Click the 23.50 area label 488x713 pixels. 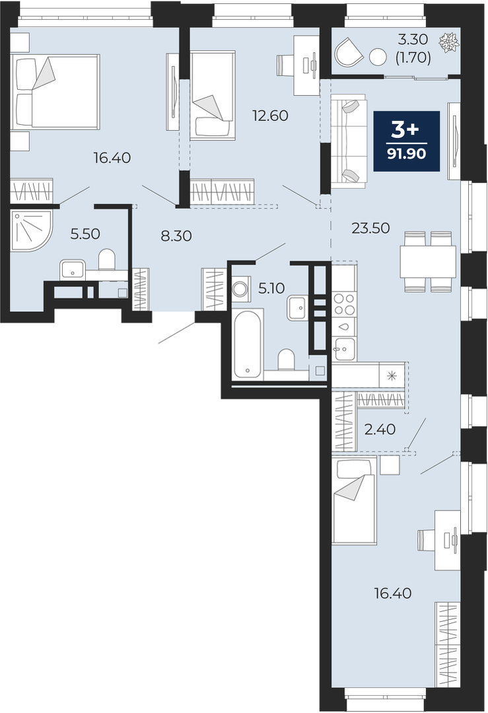click(x=370, y=228)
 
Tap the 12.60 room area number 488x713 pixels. click(x=270, y=116)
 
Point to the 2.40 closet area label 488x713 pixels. click(x=380, y=430)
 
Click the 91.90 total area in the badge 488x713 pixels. click(x=407, y=154)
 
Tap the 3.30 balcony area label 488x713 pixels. click(x=413, y=40)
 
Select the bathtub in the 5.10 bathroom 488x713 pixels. click(x=247, y=344)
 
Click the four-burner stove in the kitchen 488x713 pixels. click(x=344, y=304)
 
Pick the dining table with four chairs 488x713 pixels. click(x=428, y=262)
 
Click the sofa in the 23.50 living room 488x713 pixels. click(x=349, y=141)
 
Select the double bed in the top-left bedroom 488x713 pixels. click(x=55, y=92)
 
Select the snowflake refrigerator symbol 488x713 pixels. click(x=392, y=375)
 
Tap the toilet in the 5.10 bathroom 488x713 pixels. click(x=287, y=359)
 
